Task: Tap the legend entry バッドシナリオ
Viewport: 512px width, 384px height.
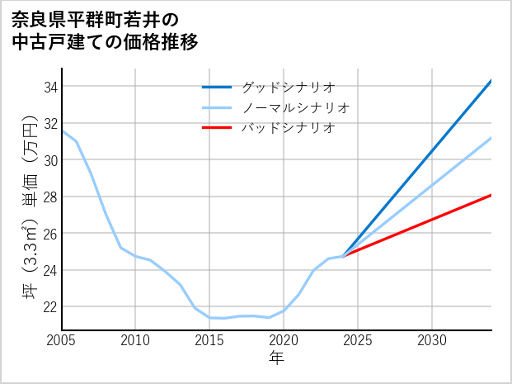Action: (x=288, y=128)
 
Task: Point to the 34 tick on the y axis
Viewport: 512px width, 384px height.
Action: (x=49, y=87)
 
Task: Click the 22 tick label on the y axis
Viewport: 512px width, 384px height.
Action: (x=49, y=306)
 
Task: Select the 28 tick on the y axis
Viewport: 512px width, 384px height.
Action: (x=49, y=197)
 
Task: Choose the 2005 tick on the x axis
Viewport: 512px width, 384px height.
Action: (x=62, y=340)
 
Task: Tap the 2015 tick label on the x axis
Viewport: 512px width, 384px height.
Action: (x=210, y=340)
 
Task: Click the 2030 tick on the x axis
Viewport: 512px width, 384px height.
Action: (x=432, y=340)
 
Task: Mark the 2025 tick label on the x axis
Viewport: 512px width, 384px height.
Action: (x=358, y=340)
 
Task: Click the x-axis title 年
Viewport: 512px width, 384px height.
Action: (x=276, y=358)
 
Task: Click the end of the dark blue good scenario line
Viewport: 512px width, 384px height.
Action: (x=491, y=81)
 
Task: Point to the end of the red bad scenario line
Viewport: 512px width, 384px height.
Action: (x=491, y=195)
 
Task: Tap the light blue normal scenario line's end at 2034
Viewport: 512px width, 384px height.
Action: (x=491, y=138)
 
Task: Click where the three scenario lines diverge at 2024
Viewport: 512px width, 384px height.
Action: (x=343, y=256)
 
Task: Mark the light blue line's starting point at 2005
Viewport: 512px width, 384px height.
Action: (x=62, y=130)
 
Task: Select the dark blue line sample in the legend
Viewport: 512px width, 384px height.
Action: (x=217, y=87)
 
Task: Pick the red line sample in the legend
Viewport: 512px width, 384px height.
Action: (x=217, y=128)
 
